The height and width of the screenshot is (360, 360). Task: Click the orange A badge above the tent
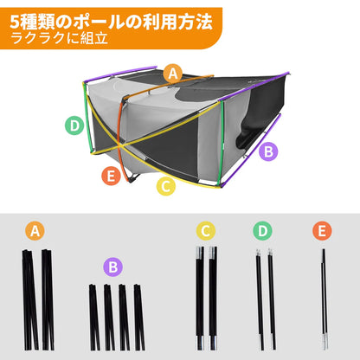(173, 74)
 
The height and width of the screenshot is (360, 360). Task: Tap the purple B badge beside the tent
(269, 151)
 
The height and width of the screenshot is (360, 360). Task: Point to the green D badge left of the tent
(75, 125)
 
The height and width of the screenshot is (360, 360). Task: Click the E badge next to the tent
(110, 177)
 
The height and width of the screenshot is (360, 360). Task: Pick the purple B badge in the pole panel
(112, 267)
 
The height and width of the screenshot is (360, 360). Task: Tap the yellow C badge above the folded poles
(205, 231)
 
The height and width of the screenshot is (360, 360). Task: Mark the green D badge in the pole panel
(263, 231)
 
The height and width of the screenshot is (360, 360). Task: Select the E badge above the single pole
(322, 231)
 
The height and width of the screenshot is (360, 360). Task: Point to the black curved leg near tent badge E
(127, 177)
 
